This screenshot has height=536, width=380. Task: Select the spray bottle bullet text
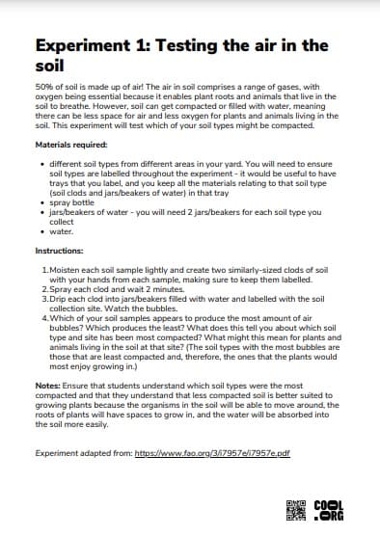click(x=72, y=203)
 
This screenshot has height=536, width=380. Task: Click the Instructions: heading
click(x=61, y=250)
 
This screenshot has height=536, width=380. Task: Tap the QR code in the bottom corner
click(x=295, y=508)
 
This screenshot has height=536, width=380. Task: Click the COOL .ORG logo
click(x=329, y=508)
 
